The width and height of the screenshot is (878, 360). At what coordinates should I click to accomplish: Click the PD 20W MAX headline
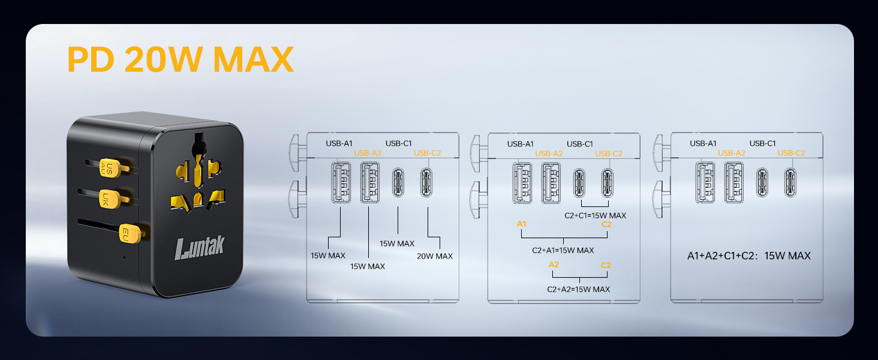click(181, 59)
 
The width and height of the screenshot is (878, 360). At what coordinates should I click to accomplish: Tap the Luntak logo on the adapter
click(200, 247)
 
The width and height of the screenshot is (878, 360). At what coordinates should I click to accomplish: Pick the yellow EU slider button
click(130, 234)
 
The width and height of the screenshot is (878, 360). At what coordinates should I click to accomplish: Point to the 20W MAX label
click(434, 256)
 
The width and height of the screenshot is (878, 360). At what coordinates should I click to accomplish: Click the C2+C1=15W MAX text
click(595, 215)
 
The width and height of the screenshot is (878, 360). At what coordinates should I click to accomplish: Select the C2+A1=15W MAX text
click(563, 250)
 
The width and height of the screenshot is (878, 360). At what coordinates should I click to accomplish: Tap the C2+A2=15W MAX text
click(579, 289)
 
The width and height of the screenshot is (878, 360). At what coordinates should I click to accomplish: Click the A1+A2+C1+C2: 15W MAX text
click(748, 256)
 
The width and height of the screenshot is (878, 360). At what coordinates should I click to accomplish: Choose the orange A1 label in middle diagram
click(521, 224)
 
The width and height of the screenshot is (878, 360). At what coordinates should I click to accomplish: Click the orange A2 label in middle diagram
click(554, 265)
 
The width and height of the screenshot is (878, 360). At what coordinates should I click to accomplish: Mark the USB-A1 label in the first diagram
click(339, 143)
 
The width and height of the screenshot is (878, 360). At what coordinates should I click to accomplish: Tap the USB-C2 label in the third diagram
click(791, 153)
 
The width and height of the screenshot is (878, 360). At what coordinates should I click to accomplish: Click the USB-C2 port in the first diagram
click(426, 182)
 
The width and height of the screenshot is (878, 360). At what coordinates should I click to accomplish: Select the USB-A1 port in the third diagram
click(705, 183)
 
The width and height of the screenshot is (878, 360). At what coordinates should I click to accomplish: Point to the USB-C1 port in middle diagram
click(579, 183)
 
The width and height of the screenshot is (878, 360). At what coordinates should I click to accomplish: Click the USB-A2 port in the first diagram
click(369, 182)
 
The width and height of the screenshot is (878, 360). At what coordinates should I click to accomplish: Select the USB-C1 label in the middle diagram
click(580, 144)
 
